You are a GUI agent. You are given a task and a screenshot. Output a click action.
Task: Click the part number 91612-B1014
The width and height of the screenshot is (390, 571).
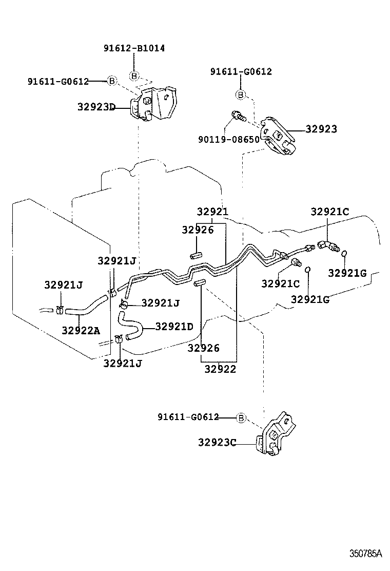pyautogui.click(x=134, y=48)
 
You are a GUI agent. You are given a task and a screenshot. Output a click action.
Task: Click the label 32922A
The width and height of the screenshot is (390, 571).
pyautogui.click(x=81, y=330)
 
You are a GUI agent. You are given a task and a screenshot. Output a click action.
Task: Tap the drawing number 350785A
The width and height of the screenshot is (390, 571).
pyautogui.click(x=366, y=554)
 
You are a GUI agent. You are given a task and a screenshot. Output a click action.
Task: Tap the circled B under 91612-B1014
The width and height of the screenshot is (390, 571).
pyautogui.click(x=134, y=75)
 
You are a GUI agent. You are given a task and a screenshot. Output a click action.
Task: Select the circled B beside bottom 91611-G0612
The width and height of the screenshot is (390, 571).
pyautogui.click(x=241, y=417)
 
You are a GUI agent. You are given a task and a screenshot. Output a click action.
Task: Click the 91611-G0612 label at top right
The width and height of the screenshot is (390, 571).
pyautogui.click(x=241, y=72)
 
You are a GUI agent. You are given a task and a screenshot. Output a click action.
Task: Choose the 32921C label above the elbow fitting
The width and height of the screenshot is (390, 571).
pyautogui.click(x=329, y=212)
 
